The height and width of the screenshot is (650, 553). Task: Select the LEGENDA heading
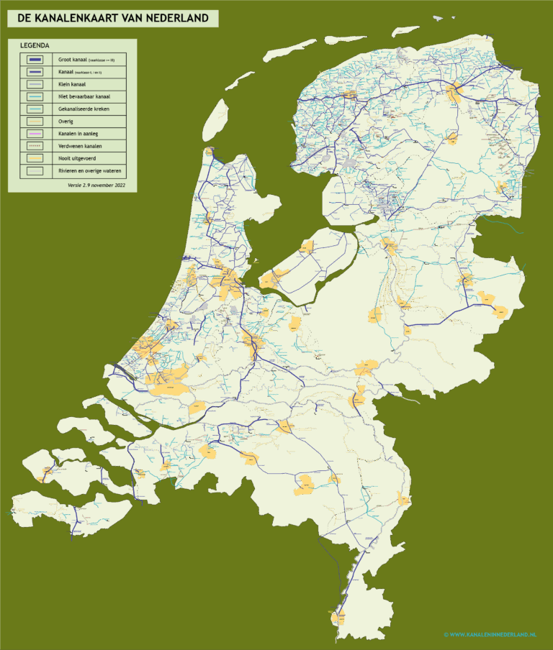pos(35,45)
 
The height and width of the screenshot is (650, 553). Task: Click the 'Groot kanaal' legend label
pos(74,60)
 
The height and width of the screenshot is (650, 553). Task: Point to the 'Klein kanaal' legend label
pos(72,84)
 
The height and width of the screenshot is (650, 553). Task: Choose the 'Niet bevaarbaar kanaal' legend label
pos(84,96)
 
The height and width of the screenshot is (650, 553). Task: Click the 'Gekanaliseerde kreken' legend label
pos(84,109)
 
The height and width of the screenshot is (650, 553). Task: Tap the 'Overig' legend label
pos(66,121)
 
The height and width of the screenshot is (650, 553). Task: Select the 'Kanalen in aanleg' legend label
pos(78,133)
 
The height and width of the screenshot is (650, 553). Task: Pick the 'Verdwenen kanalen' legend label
pos(79,146)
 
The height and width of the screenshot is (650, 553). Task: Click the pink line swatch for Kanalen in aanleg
pos(35,134)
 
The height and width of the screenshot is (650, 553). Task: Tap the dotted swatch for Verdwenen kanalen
pos(35,146)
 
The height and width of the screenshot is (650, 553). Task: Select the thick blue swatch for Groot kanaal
pos(35,60)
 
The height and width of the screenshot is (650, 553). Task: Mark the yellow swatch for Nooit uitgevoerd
pos(35,158)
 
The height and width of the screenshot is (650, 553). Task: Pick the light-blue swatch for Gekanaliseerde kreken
pos(35,109)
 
